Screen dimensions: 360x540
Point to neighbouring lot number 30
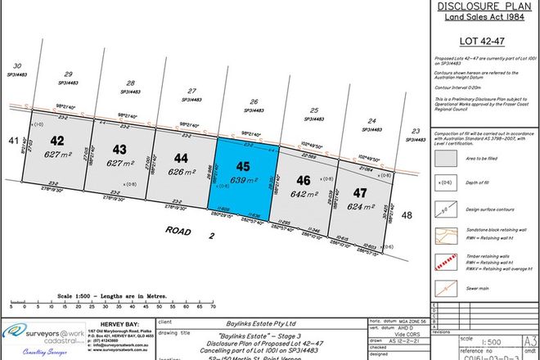tap(16, 65)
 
